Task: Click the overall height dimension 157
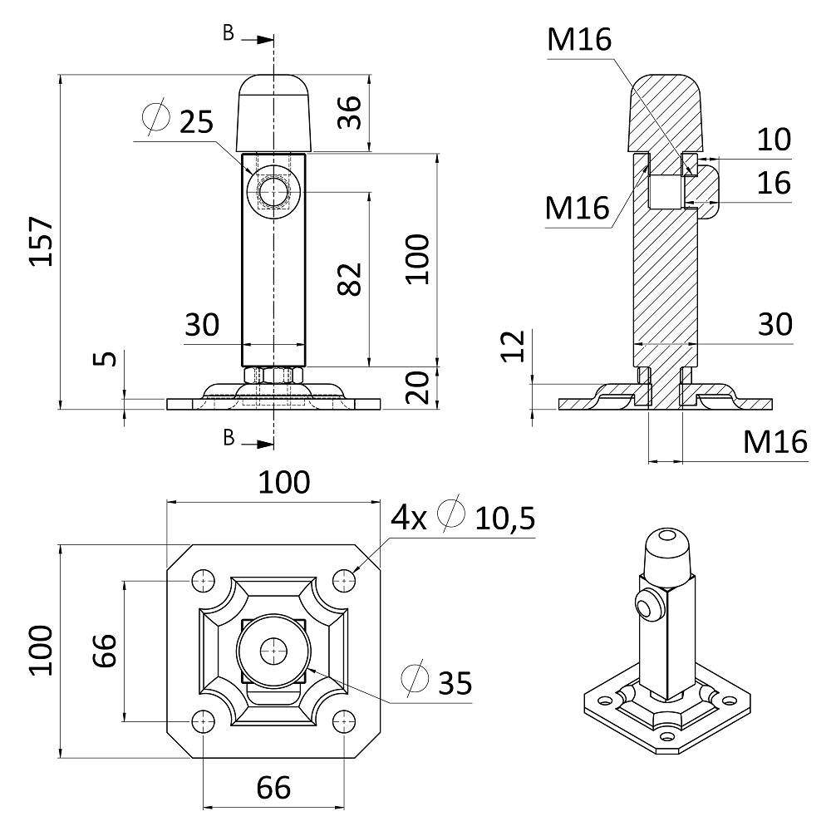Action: tap(41, 242)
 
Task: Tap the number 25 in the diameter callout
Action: tap(196, 121)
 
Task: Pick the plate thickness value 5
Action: tap(103, 359)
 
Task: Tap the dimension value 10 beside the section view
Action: tap(774, 140)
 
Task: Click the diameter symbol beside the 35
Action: tap(413, 679)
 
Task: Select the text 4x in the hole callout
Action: tap(409, 519)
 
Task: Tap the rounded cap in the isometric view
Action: tap(667, 548)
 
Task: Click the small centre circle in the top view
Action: tap(272, 651)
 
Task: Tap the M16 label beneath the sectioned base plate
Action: tap(774, 442)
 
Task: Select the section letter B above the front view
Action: tap(229, 32)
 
